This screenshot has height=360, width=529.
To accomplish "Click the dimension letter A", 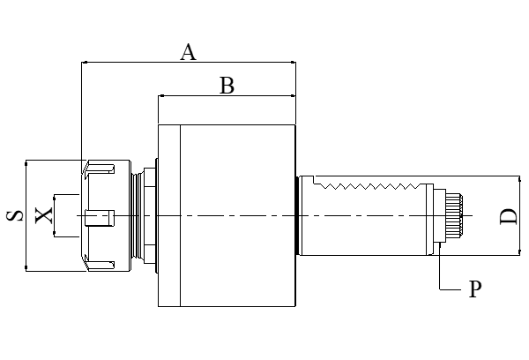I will coord(188,53).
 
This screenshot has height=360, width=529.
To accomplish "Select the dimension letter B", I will coord(227,86).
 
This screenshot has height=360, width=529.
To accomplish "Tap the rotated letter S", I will coord(15,215).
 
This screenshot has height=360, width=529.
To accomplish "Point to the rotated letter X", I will coord(42,214).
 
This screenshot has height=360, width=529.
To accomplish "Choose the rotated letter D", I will coord(508,216).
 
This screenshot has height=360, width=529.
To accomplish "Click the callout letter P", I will coord(474,289).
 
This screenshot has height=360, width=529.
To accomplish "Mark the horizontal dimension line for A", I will coord(132,63).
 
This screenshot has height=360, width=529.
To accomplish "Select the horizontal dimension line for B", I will coord(194,95).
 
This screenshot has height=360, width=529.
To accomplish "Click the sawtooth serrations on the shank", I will coord(370,187).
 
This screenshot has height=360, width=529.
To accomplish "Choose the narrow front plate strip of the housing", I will coord(168,216).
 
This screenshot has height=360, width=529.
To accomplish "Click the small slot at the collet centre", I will coord(101,215).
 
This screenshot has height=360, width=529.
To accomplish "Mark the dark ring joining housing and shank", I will coord(297,215).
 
